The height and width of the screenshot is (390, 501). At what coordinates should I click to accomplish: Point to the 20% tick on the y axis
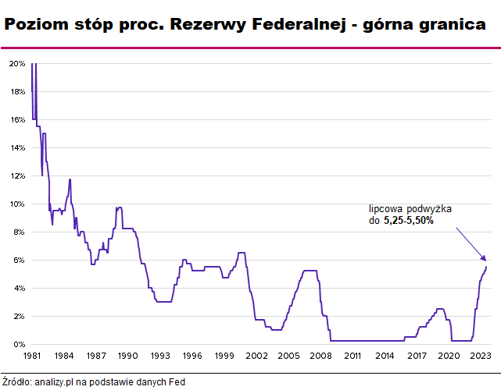(16, 63)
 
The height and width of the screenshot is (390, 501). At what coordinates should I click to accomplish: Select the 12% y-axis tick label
(16, 175)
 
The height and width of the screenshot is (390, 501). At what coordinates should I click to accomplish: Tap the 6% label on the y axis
(19, 260)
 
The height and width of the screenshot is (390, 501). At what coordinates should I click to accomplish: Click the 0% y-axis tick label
(19, 344)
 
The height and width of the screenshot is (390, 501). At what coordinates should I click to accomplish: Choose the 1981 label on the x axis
(32, 356)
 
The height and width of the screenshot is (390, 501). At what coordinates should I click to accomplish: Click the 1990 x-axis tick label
(128, 356)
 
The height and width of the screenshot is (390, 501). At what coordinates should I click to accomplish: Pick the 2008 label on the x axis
(320, 356)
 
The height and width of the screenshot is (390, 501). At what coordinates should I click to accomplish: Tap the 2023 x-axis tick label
(481, 356)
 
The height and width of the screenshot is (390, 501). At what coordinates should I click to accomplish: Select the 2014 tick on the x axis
(385, 356)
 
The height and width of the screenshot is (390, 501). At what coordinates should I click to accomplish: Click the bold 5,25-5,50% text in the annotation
(408, 221)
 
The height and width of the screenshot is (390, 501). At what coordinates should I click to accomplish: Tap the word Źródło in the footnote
(16, 382)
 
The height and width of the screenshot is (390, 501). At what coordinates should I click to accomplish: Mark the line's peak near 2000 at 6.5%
(241, 253)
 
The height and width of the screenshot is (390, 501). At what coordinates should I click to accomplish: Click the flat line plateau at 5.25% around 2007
(310, 271)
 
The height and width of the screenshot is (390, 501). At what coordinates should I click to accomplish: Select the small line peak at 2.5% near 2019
(439, 309)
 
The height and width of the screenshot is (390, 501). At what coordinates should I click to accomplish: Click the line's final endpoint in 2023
(486, 267)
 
